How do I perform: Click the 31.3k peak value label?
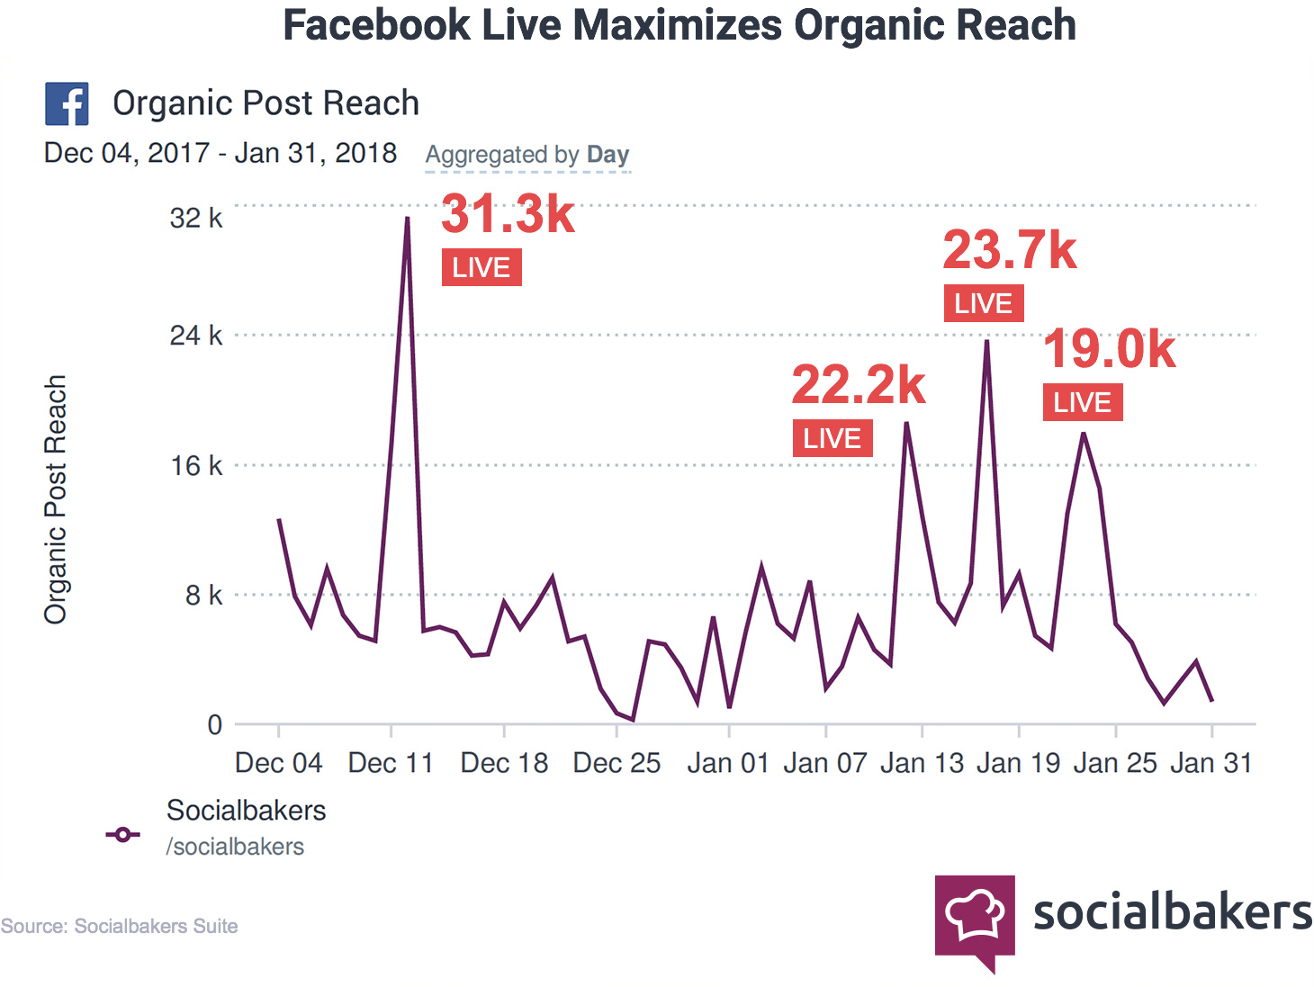(508, 214)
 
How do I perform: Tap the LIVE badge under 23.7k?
(983, 304)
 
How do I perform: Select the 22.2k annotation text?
(858, 385)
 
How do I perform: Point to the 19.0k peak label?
(1109, 349)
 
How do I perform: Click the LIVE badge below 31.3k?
(481, 268)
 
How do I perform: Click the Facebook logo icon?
(67, 103)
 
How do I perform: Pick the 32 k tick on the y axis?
(195, 219)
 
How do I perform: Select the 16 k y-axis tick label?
(196, 466)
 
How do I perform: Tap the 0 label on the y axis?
(214, 724)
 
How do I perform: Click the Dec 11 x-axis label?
(391, 763)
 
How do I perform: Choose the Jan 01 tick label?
(727, 763)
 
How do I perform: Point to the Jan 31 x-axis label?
(1210, 763)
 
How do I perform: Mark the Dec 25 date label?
(616, 763)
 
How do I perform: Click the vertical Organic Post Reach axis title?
(56, 499)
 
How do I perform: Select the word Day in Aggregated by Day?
(607, 155)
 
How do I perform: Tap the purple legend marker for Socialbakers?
(122, 835)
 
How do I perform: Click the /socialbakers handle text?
(235, 847)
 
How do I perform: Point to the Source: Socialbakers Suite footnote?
(119, 926)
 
